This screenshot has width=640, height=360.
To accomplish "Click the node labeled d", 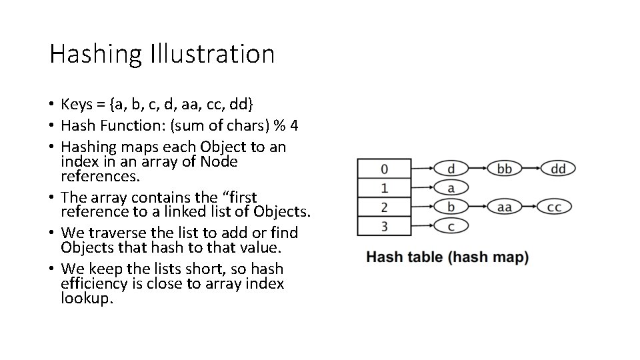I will (451, 168).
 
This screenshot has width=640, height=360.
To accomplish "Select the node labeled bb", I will (505, 168).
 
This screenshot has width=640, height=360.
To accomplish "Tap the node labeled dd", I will (558, 168).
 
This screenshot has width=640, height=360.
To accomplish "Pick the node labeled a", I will (451, 187).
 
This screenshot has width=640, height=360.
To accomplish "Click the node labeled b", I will (451, 207).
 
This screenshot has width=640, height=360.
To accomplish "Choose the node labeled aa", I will (505, 207).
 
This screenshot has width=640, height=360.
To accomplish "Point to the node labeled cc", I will (555, 207).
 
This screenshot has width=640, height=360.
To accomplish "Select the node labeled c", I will (451, 227).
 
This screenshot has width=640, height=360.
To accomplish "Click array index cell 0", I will (385, 168).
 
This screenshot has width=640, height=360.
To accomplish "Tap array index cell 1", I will (385, 187).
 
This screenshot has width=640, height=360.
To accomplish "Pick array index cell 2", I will (385, 207).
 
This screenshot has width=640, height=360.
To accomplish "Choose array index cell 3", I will (385, 226).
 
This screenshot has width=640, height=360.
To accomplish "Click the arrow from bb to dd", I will (531, 168).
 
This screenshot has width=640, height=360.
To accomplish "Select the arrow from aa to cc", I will (529, 207).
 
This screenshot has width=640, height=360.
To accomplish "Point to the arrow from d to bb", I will (477, 168).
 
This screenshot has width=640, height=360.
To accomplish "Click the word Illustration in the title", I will (213, 54).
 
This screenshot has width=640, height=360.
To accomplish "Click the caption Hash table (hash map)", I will (447, 257).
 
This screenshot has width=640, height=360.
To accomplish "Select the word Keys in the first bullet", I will (77, 105).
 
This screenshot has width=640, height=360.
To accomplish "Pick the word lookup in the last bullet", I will (87, 298).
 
